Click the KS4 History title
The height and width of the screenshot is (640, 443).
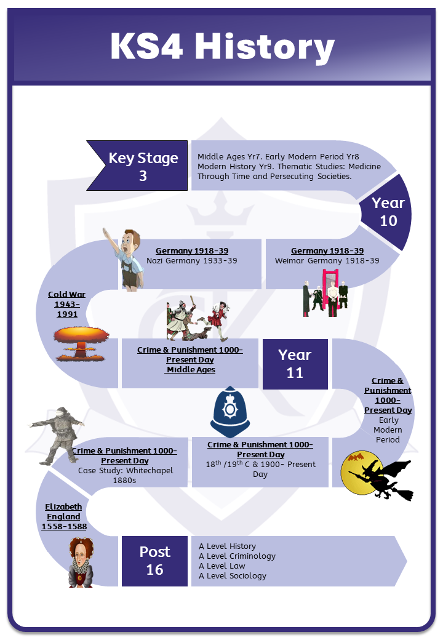(222, 47)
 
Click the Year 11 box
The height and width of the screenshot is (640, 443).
(295, 363)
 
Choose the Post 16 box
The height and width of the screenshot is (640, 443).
(154, 561)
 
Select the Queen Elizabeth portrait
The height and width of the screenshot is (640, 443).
(81, 562)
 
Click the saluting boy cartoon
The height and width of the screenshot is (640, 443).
(129, 258)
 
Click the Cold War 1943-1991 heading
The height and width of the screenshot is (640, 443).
(67, 304)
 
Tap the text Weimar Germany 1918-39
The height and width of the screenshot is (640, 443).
(327, 261)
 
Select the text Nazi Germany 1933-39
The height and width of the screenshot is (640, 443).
(192, 261)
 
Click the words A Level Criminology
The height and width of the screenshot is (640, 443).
(237, 556)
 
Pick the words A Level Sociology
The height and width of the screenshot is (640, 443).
(233, 575)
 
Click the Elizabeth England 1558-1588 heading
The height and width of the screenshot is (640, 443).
(63, 517)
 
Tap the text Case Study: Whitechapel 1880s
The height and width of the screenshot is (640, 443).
(126, 476)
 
